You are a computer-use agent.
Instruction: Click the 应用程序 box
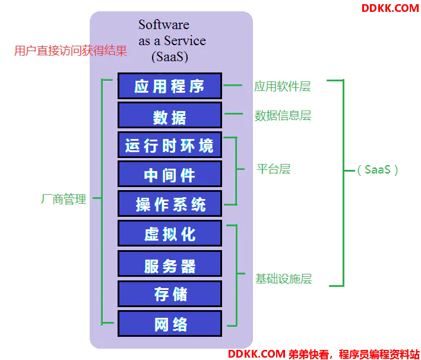coord(170,86)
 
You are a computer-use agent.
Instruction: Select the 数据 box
coord(170,115)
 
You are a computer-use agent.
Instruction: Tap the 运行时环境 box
coord(170,145)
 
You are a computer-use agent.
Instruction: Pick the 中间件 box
coord(170,174)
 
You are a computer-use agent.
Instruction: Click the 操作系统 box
coord(170,203)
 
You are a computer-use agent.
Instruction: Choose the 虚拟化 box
coord(170,233)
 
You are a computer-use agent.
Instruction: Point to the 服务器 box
coord(170,264)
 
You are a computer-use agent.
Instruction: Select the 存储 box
coord(170,293)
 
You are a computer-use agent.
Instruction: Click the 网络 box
coord(170,323)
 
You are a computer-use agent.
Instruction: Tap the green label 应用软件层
coord(283,86)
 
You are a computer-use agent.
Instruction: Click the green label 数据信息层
coord(283,115)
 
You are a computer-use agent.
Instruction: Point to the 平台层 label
coord(273,169)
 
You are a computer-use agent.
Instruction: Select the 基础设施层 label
coord(283,279)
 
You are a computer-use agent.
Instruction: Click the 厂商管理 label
coord(64,199)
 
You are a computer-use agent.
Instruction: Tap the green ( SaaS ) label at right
coord(378,170)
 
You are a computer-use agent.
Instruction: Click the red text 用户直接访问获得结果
coord(71,50)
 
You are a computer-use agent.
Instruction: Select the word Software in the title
coord(164,25)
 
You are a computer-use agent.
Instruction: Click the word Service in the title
coord(185,41)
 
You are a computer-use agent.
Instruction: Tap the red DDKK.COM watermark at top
coord(390,8)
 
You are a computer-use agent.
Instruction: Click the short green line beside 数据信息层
coord(233,114)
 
